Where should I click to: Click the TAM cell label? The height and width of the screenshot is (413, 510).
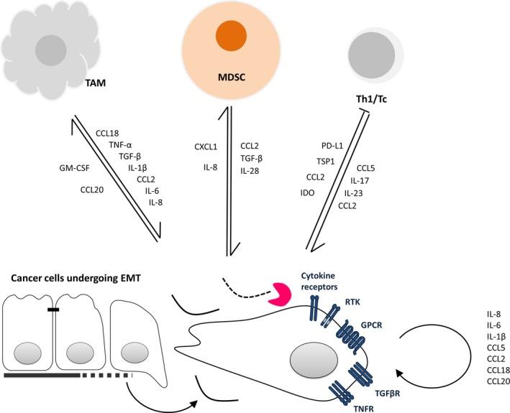95,83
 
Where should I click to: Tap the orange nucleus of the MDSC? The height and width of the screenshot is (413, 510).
231,35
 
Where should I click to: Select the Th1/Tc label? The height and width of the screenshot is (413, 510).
371,99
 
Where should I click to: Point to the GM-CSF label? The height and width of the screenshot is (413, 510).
74,168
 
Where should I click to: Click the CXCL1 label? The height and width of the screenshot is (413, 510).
206,147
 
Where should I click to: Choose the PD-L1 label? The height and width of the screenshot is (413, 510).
332,146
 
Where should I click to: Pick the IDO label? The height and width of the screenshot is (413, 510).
307,193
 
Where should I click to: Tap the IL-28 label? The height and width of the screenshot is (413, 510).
250,171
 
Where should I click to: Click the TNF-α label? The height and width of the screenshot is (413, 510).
120,145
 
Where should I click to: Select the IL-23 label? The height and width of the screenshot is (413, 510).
354,193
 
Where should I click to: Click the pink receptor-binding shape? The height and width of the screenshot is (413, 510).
279,294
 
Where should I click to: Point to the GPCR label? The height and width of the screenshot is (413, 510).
371,325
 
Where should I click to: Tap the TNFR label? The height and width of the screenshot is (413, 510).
364,408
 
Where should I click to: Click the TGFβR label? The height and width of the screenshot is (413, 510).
387,394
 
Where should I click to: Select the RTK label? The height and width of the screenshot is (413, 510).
352,302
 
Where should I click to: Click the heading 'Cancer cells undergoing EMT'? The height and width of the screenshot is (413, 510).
76,278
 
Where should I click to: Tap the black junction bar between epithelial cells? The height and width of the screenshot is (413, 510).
53,310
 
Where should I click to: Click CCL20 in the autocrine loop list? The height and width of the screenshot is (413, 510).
498,381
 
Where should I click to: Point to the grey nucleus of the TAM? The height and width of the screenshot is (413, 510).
51,50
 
